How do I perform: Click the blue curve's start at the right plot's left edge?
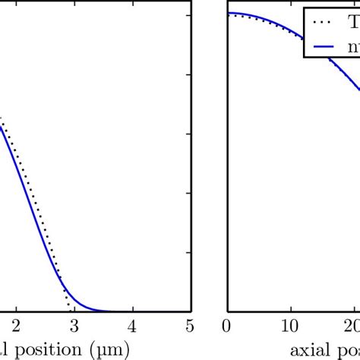(229, 14)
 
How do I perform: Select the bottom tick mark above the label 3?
(74, 308)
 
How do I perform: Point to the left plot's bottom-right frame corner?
(191, 311)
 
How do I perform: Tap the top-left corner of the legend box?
(305, 8)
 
